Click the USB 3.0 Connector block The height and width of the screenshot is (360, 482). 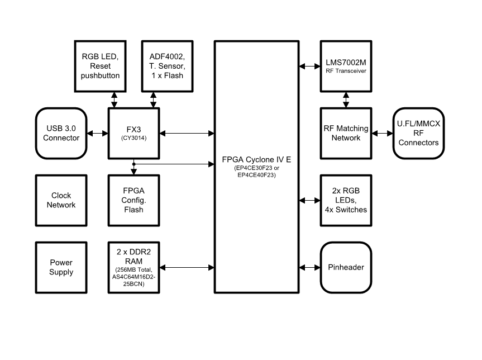click(61, 133)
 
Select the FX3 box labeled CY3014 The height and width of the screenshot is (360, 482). click(133, 133)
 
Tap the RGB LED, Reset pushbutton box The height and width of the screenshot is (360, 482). click(101, 66)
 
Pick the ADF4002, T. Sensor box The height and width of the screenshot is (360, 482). click(168, 66)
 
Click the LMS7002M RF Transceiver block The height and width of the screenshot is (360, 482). click(346, 66)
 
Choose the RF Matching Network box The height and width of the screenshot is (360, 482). click(346, 133)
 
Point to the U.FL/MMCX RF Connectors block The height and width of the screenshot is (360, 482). click(418, 133)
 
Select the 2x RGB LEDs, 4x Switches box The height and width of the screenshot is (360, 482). click(346, 200)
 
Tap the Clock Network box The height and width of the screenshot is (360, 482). click(61, 200)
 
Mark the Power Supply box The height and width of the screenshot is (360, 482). click(61, 267)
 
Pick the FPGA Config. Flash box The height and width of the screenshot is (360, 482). click(133, 200)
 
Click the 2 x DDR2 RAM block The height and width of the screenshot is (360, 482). click(133, 267)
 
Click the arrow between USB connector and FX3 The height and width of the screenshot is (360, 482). click(97, 133)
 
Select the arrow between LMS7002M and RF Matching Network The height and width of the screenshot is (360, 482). click(346, 100)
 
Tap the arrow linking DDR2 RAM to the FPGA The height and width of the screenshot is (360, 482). click(187, 267)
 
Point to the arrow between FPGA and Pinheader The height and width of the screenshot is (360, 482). click(309, 267)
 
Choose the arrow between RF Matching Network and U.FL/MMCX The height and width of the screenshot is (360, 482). click(383, 133)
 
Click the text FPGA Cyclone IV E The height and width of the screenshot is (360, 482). click(256, 159)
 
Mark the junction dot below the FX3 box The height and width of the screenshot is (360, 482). click(133, 164)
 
